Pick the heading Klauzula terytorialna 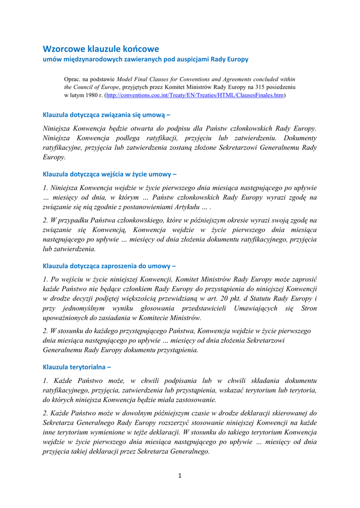click(77, 367)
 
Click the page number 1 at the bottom click(180, 476)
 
